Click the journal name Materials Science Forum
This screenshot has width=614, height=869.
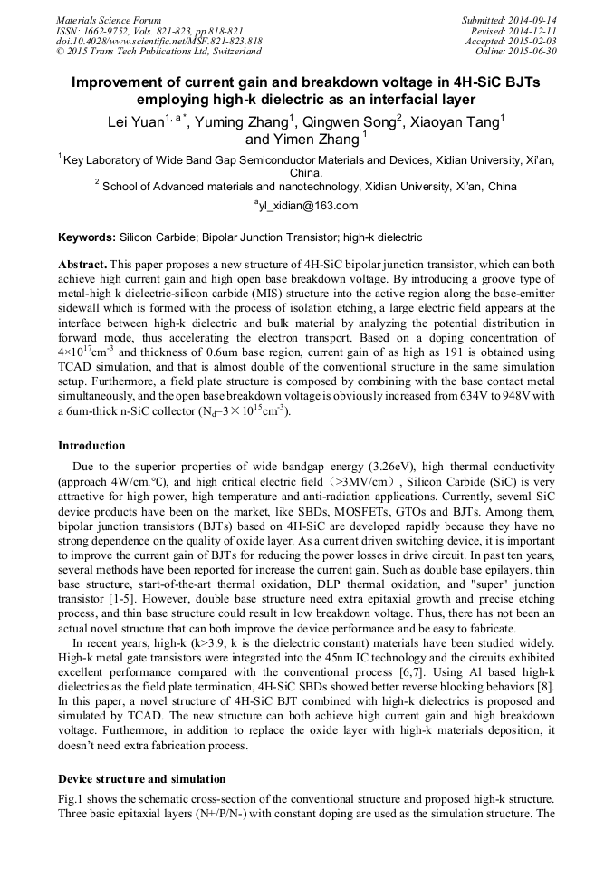pos(109,20)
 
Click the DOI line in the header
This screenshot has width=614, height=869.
pos(158,41)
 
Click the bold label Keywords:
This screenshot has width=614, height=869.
pos(87,237)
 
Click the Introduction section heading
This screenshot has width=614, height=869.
pos(91,446)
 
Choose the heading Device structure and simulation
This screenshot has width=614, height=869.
pos(141,779)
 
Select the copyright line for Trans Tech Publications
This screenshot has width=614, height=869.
pos(158,51)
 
